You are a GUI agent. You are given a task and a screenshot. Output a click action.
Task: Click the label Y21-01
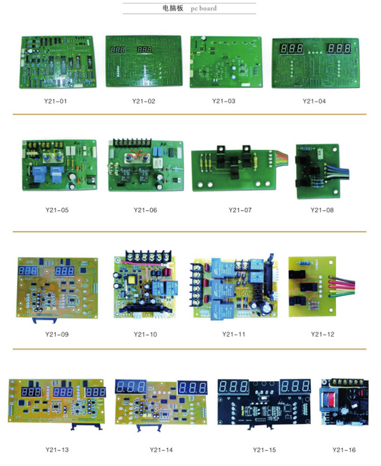[x=56, y=101]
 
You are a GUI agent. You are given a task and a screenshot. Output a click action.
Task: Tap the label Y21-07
[x=240, y=210]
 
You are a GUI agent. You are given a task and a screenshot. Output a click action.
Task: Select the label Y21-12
[x=322, y=334]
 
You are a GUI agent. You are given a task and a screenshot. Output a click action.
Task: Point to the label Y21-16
[x=344, y=450]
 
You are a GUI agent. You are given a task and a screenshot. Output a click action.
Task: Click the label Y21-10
[x=145, y=334]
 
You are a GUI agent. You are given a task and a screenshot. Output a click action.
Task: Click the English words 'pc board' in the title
[x=204, y=9]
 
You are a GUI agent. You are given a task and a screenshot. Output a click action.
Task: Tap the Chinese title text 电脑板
[x=173, y=8]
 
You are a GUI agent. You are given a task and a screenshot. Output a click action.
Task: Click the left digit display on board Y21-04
[x=292, y=48]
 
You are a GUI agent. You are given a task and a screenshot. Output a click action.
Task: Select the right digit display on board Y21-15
[x=295, y=386]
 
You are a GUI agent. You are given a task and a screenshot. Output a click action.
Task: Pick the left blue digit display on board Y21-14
[x=131, y=387]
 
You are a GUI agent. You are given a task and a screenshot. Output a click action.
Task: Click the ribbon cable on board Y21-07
[x=282, y=155]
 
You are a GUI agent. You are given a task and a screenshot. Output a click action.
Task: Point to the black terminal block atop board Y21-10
[x=148, y=256]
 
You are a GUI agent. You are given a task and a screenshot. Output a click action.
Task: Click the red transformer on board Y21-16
[x=330, y=399]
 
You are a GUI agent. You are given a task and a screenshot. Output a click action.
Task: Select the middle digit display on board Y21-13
[x=63, y=392]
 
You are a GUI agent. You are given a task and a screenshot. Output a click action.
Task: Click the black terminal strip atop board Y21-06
[x=132, y=143]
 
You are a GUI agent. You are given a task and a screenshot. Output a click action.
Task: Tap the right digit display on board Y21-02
[x=144, y=49]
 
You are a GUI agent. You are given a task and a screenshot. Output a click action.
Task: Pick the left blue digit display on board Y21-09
[x=28, y=271]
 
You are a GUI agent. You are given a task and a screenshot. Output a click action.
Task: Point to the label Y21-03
[x=224, y=101]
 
